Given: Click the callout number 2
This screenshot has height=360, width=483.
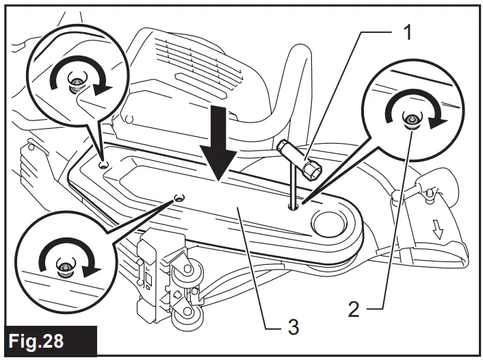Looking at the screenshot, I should tap(354, 309).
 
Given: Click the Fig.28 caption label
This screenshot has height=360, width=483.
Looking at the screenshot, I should tap(48, 340).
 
